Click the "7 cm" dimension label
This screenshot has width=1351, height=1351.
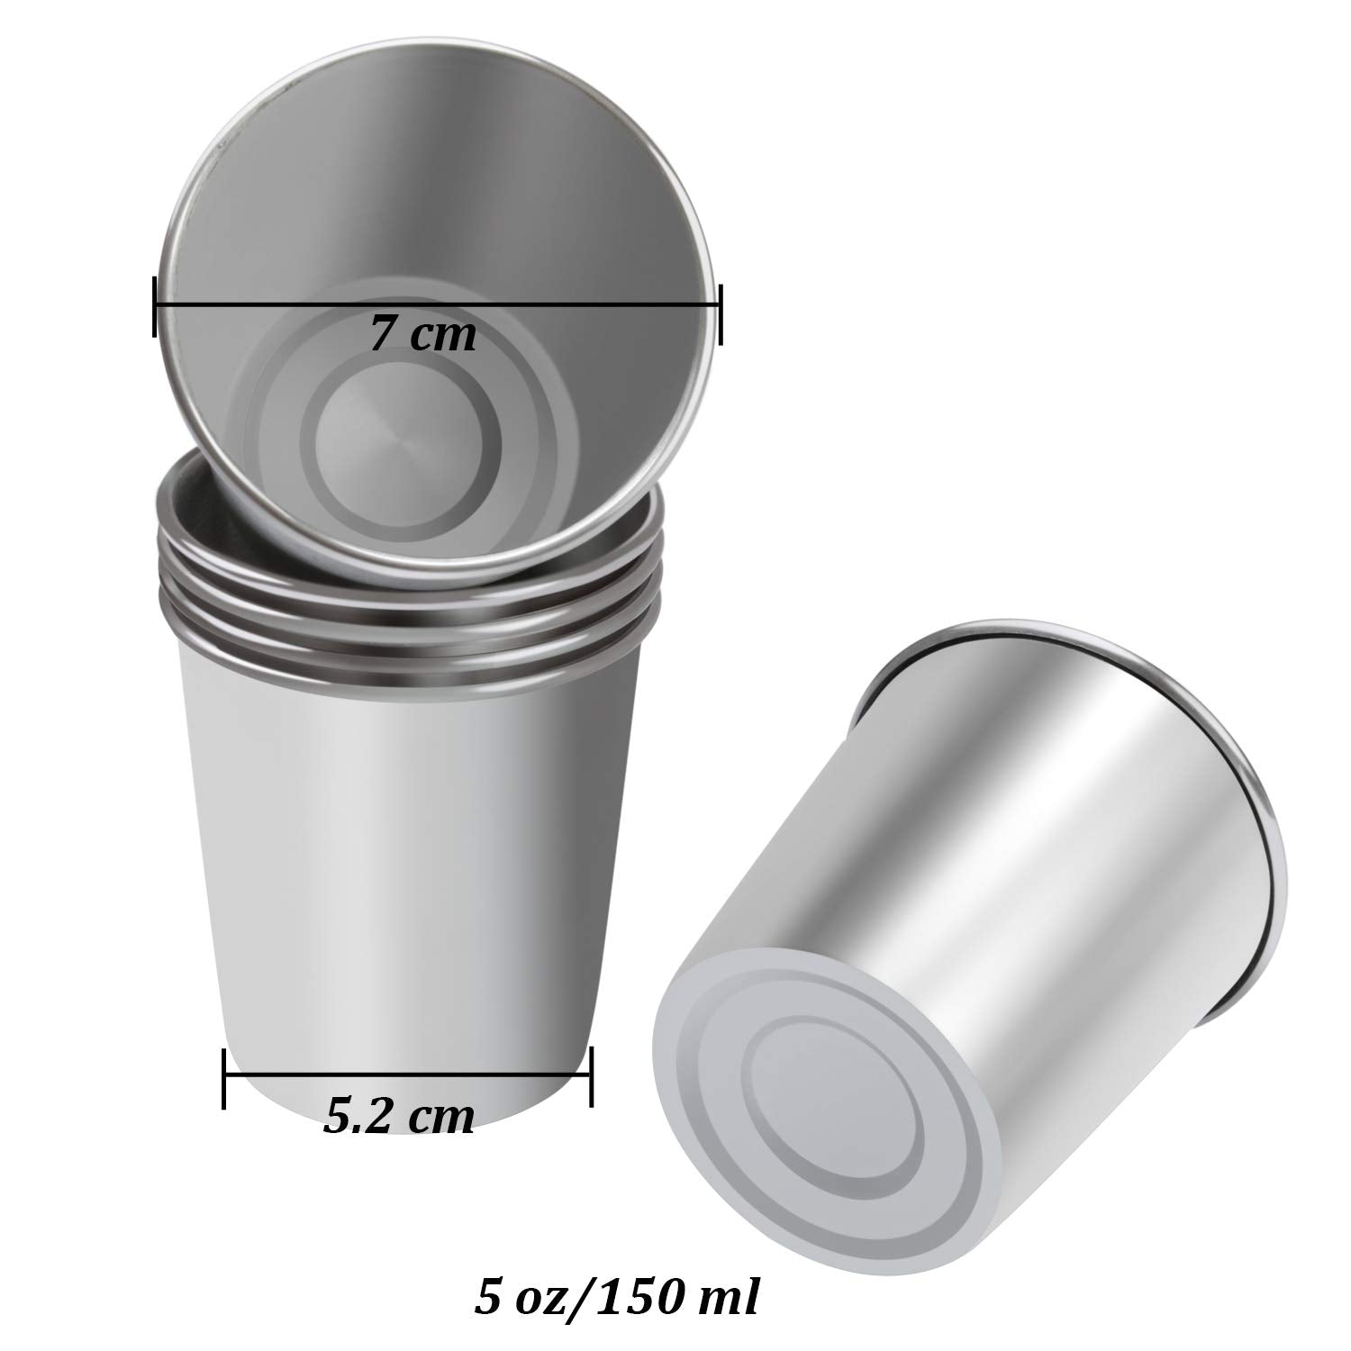[422, 335]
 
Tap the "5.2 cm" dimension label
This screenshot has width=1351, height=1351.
[398, 1117]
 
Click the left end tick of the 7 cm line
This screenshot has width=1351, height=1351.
[155, 306]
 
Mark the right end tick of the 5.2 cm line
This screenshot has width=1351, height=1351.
[590, 1076]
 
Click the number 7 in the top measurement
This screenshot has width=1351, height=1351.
[381, 335]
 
